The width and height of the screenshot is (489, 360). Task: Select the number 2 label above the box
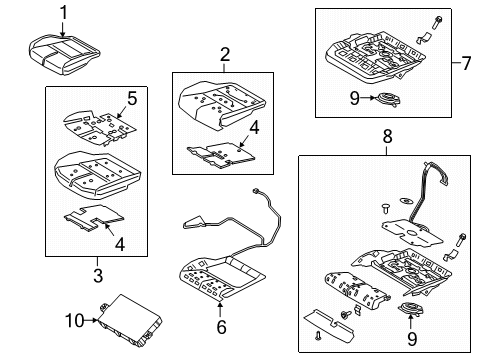[x=225, y=55]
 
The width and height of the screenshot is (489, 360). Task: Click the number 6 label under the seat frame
[x=222, y=325]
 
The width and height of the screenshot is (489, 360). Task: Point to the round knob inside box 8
[x=412, y=320]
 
